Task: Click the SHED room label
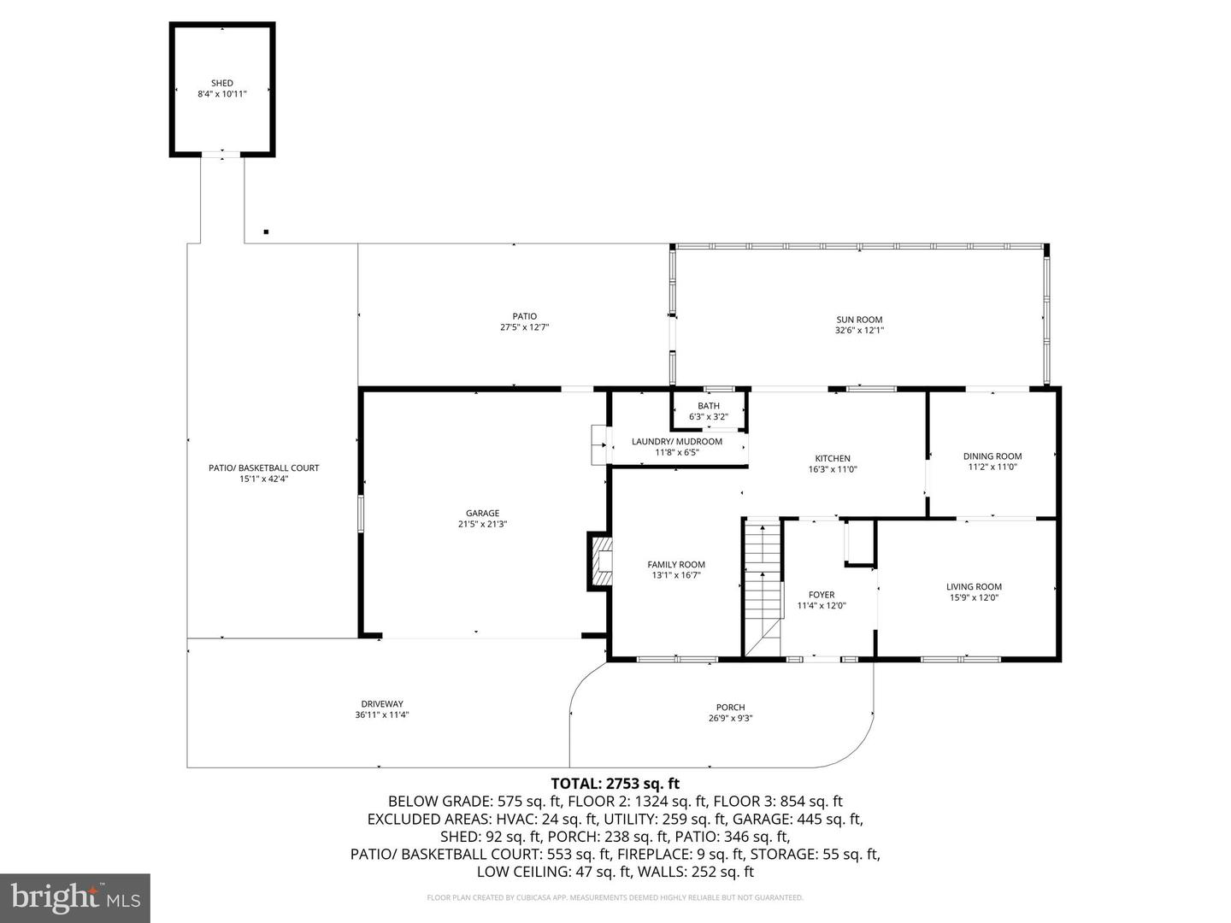pos(222,83)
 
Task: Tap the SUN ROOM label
pos(859,320)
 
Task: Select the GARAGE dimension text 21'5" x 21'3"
pos(482,525)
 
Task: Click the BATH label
pos(708,406)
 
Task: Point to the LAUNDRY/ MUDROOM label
pos(676,442)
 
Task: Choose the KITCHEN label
pos(832,459)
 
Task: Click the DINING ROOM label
pos(992,456)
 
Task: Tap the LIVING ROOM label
pos(974,587)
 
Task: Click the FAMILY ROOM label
pos(675,565)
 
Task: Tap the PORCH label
pos(730,708)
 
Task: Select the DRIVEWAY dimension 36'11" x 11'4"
pos(382,715)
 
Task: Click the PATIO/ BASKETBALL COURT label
pos(263,468)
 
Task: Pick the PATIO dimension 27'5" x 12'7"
pos(524,327)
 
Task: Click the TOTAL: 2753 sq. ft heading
pos(615,783)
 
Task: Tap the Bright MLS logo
pos(75,897)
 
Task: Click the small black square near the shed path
pos(267,232)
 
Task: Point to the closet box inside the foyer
pos(859,543)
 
